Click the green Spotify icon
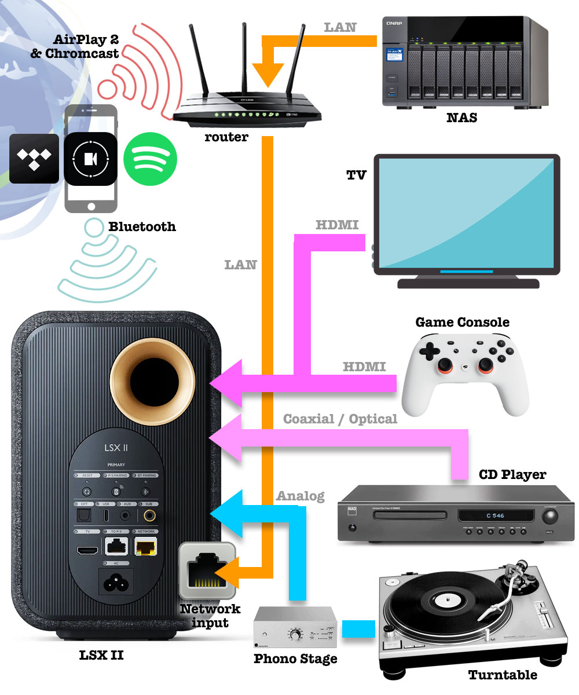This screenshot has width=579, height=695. (x=150, y=158)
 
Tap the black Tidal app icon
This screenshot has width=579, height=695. (x=34, y=158)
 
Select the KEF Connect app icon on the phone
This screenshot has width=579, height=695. (x=91, y=158)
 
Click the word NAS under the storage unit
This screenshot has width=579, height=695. (x=461, y=118)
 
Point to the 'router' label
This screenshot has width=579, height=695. (x=226, y=137)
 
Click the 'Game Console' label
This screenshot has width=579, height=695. (x=463, y=321)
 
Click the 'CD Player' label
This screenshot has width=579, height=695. (x=512, y=474)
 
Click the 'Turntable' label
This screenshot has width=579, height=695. (x=503, y=675)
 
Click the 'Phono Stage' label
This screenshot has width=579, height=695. (x=295, y=659)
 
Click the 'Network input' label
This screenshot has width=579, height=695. (x=210, y=616)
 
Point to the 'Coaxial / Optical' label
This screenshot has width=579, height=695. (x=340, y=418)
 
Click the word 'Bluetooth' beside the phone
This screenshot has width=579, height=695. (x=142, y=226)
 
